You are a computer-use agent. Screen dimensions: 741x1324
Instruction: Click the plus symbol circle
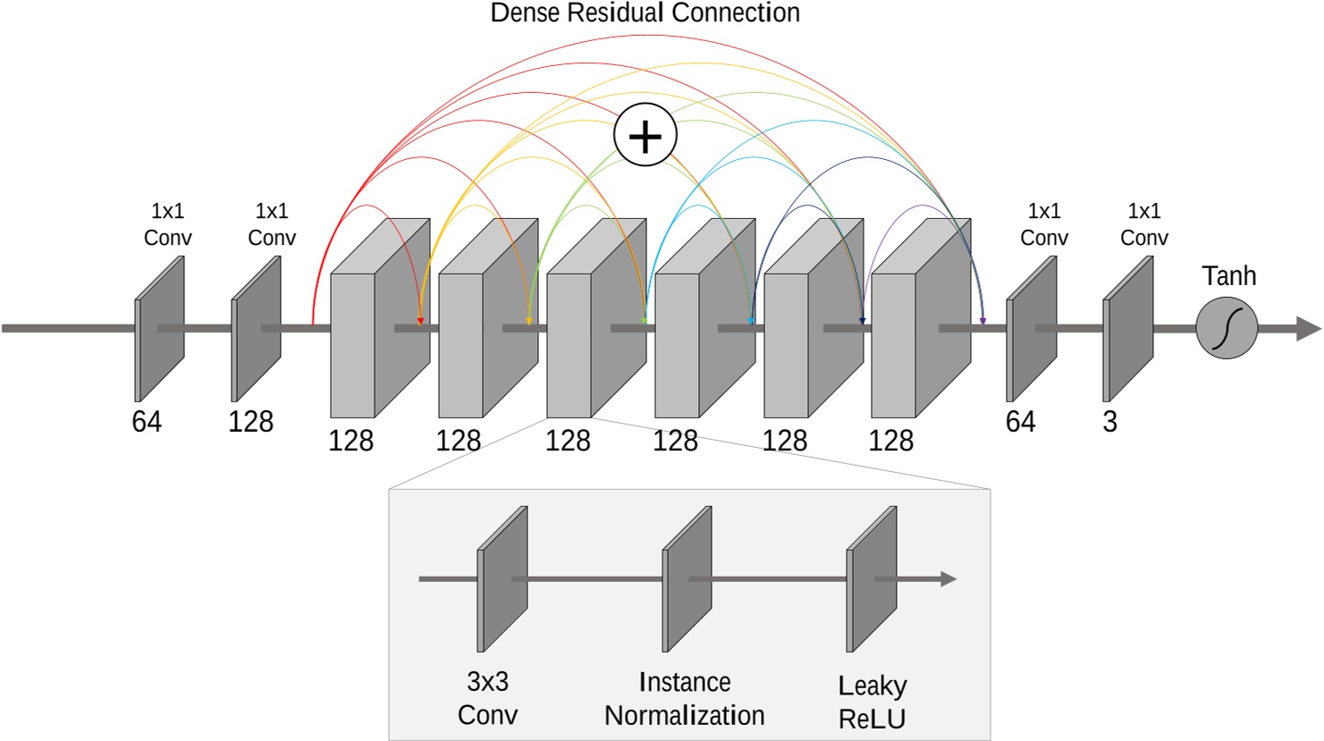click(645, 135)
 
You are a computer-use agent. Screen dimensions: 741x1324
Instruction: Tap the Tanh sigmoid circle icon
click(1227, 328)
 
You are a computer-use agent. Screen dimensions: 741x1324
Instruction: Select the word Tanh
click(1228, 276)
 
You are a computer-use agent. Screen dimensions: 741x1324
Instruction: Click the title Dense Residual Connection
click(645, 13)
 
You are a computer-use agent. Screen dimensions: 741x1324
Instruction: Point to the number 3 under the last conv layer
click(1109, 422)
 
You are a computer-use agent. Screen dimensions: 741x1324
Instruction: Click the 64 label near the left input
click(147, 422)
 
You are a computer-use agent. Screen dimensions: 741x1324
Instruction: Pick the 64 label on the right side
click(1020, 422)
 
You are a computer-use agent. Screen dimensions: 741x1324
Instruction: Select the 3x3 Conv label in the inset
click(487, 698)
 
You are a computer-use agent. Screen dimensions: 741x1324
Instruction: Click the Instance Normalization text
click(684, 699)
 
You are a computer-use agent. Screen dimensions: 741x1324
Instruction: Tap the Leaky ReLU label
click(872, 702)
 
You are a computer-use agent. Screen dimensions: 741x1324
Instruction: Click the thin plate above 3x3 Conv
click(502, 579)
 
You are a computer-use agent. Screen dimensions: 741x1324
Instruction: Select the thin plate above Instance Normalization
click(687, 579)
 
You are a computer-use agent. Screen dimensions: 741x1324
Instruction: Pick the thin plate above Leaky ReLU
click(872, 579)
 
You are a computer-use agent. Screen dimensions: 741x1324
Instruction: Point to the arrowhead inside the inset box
click(948, 579)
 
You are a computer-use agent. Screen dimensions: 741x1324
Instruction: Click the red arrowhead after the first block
click(420, 320)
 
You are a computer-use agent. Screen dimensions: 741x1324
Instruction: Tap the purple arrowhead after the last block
click(982, 320)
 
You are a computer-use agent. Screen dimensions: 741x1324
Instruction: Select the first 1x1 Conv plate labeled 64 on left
click(160, 329)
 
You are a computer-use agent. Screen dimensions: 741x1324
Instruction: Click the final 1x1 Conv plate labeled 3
click(1127, 329)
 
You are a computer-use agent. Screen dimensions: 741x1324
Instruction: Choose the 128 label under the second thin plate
click(250, 422)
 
